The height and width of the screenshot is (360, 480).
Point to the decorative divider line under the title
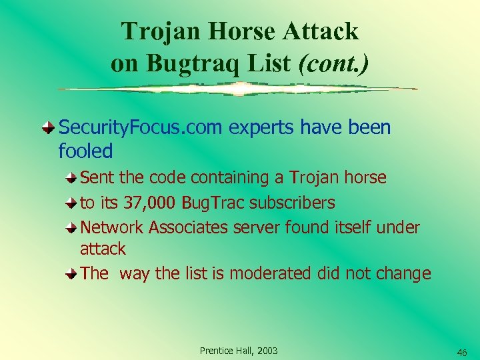click(237, 89)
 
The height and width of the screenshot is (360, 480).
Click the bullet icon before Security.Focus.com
click(49, 127)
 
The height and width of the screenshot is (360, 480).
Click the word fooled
click(85, 151)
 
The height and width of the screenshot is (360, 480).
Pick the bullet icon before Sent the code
click(71, 178)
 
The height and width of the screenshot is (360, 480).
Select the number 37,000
click(147, 202)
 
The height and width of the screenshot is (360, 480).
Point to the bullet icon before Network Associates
click(71, 228)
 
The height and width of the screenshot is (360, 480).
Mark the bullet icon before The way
click(71, 274)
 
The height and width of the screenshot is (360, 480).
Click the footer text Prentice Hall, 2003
click(239, 351)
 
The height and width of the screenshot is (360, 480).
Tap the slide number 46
click(462, 352)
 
